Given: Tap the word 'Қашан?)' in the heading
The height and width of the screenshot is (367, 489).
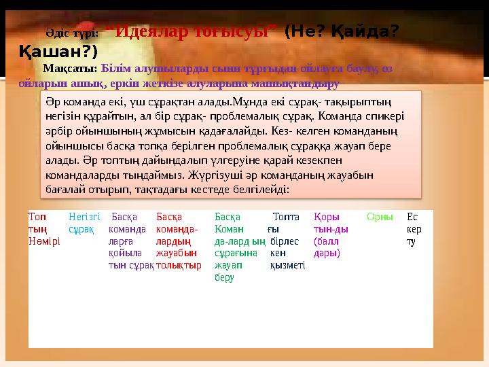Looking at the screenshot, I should pos(58,51).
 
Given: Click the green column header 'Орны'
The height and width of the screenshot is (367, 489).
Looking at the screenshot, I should pos(380,217).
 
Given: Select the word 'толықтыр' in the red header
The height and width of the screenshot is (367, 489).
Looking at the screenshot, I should pos(178,265).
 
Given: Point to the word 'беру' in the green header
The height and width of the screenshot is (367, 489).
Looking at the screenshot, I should pos(224,277).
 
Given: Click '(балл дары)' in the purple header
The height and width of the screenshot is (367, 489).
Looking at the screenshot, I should pos(327,247).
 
